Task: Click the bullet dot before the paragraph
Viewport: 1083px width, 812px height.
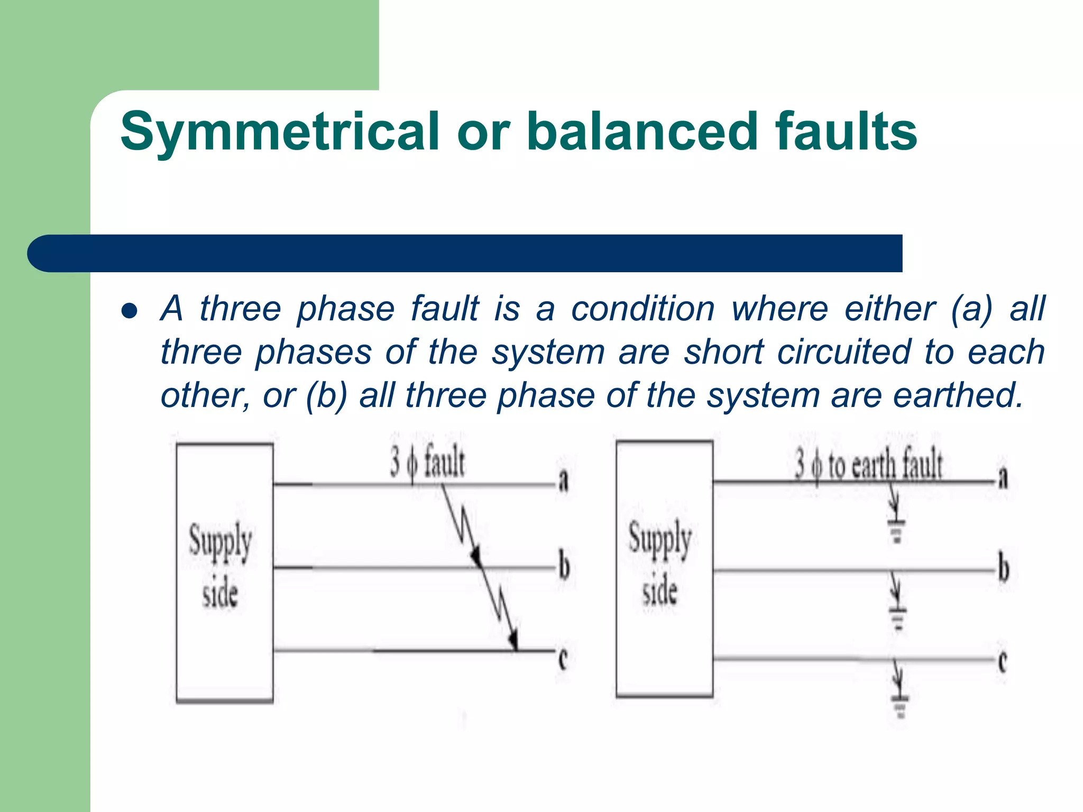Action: coord(130,311)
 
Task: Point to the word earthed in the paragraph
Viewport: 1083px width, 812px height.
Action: coord(958,395)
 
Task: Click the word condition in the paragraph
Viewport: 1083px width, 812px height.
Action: coord(643,309)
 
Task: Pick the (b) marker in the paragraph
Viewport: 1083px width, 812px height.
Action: coord(326,395)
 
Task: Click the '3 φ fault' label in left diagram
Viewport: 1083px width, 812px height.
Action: coord(427,462)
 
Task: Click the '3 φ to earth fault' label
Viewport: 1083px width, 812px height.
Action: coord(868,464)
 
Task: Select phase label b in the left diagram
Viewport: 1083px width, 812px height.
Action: coord(564,566)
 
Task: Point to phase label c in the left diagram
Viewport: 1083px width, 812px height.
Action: coord(563,659)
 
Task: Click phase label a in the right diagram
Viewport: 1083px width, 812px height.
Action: coord(1003,479)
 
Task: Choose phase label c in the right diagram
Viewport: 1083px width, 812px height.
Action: coord(1002,661)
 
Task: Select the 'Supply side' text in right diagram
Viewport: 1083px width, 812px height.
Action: coord(660,563)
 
